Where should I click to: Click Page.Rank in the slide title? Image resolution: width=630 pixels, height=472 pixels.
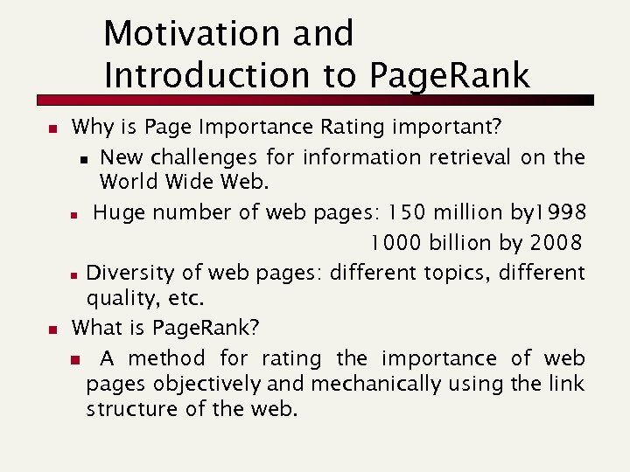click(x=450, y=76)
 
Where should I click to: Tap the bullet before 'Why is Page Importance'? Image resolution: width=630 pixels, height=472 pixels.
click(x=52, y=129)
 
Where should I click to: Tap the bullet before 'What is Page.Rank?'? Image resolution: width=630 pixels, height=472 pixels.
click(x=52, y=330)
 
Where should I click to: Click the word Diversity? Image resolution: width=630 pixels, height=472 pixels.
click(x=127, y=272)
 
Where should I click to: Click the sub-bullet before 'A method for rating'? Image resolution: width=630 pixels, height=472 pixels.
click(x=74, y=359)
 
